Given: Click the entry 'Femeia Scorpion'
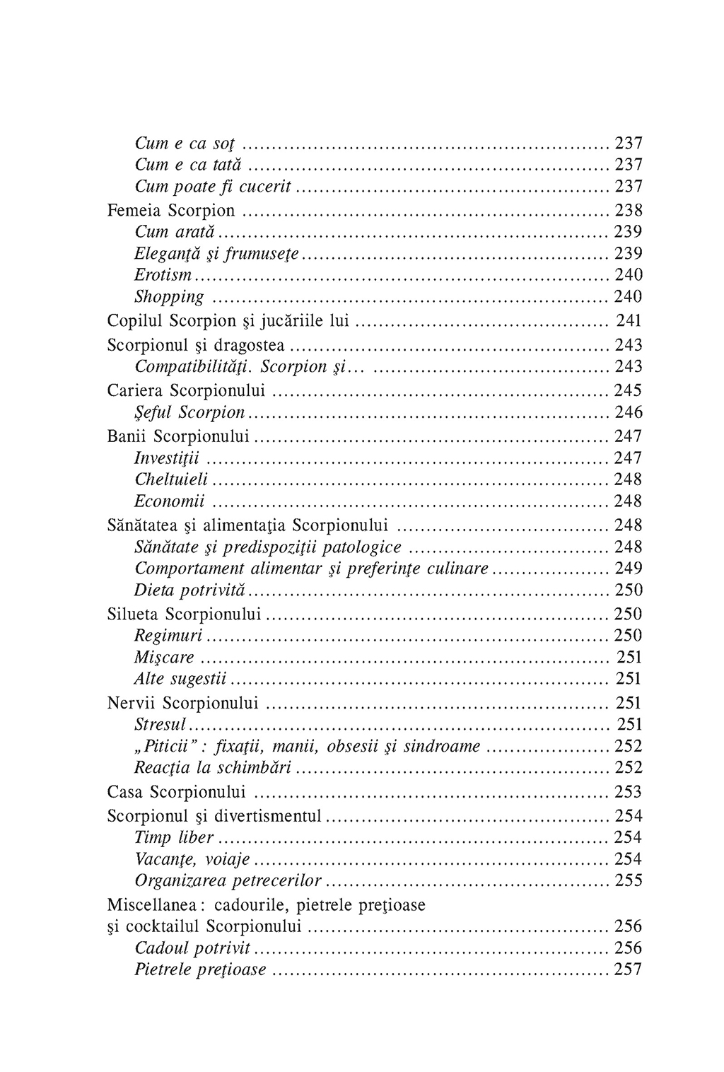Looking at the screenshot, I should click(170, 211).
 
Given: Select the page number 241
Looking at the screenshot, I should click(629, 321).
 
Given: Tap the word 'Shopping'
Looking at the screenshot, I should click(169, 297).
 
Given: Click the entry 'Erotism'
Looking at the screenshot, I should click(163, 275).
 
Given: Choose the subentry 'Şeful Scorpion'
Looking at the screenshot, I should click(189, 413).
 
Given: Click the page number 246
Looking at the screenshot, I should click(628, 412).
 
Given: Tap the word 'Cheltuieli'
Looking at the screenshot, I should click(171, 480).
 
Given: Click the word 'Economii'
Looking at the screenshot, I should click(169, 502).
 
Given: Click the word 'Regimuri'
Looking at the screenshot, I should click(168, 636).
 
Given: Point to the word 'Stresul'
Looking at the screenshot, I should click(160, 725).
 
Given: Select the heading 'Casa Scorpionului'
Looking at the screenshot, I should click(176, 791).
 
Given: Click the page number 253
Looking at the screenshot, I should click(628, 791).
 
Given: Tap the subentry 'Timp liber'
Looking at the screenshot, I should click(174, 838).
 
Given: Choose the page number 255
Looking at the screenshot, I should click(628, 881).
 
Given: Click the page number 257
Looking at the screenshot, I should click(628, 969).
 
